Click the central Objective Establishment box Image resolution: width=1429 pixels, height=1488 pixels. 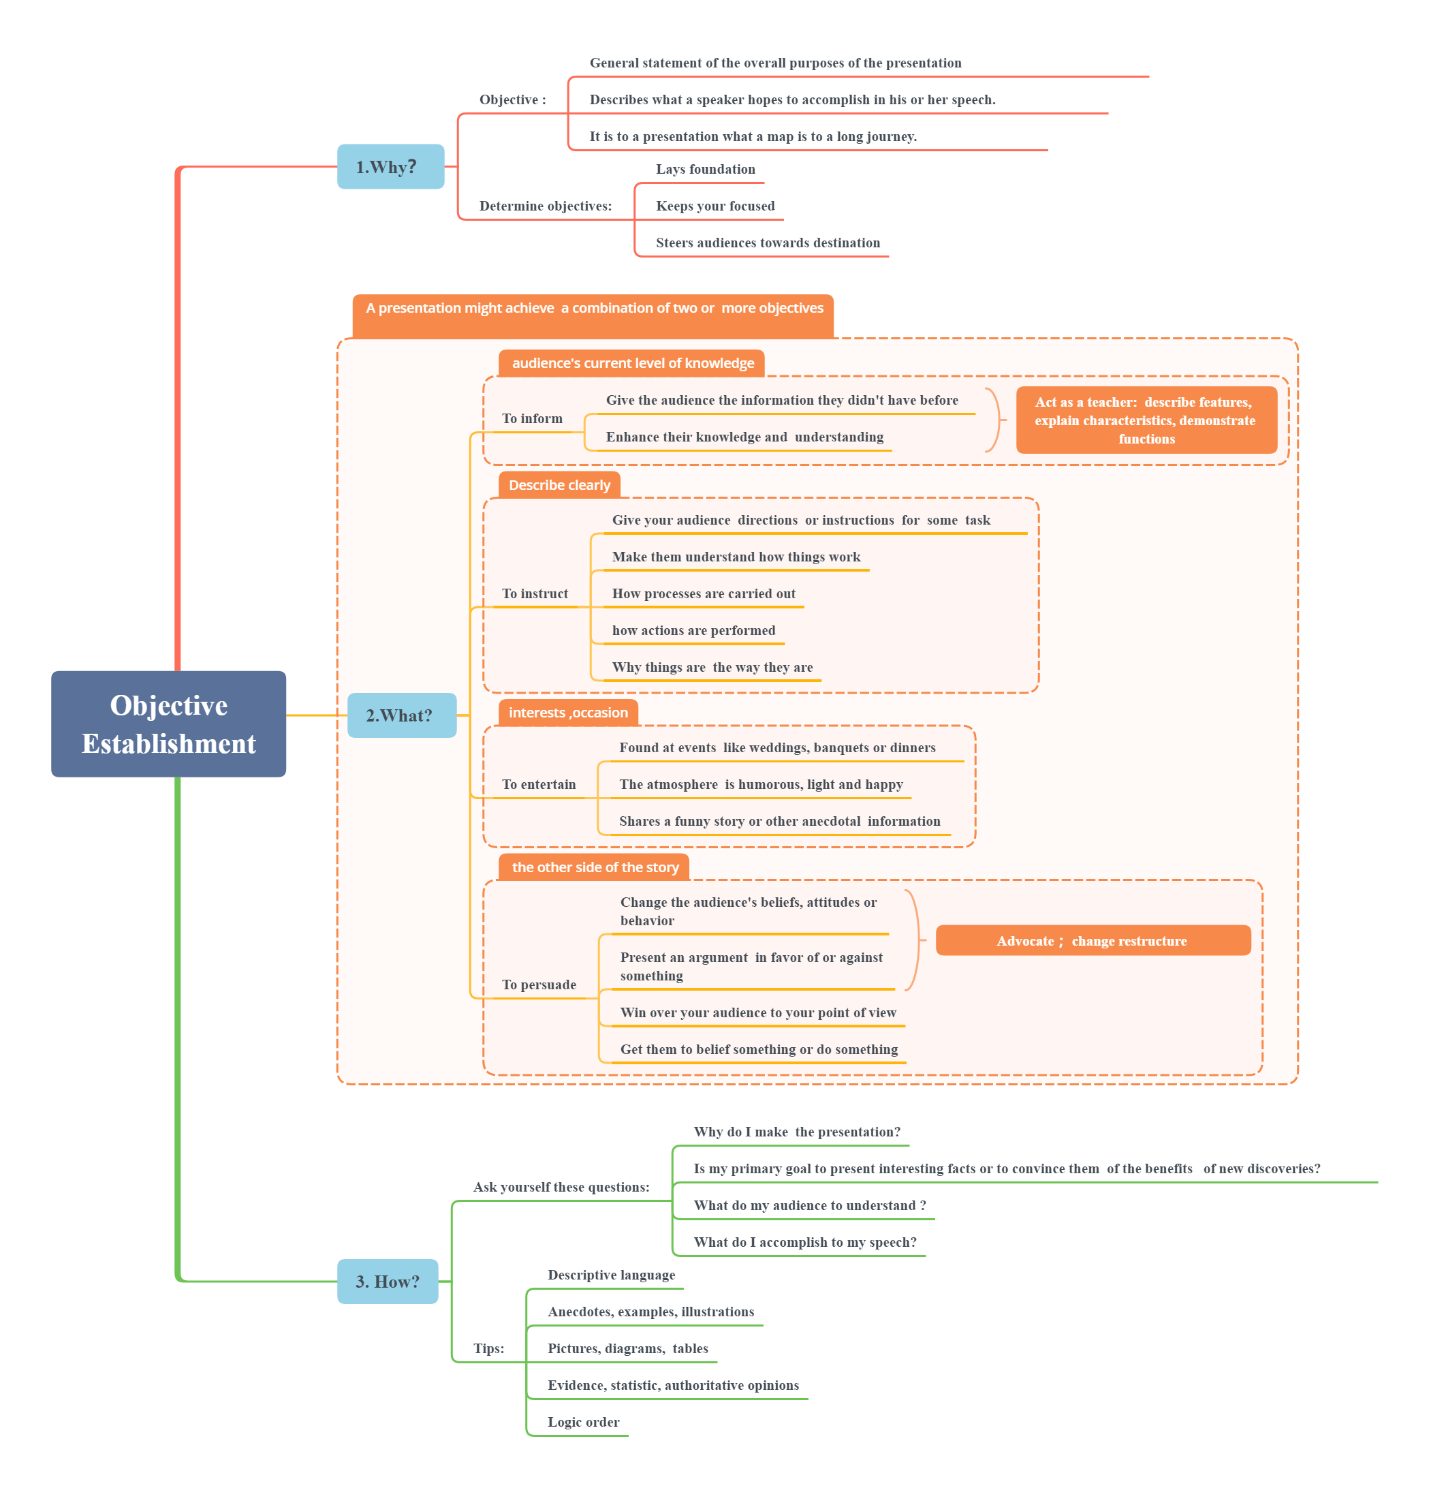pyautogui.click(x=168, y=724)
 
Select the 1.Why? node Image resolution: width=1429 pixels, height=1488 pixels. pyautogui.click(x=390, y=166)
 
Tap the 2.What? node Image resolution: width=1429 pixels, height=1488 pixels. pyautogui.click(x=401, y=715)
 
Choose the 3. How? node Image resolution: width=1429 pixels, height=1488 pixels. pyautogui.click(x=387, y=1282)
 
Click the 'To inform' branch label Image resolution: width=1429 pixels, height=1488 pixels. pyautogui.click(x=532, y=419)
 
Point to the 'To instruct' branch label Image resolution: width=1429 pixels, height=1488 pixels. pyautogui.click(x=534, y=593)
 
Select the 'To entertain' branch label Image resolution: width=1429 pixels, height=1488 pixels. pyautogui.click(x=538, y=784)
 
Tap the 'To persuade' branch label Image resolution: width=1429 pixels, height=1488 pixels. pyautogui.click(x=538, y=985)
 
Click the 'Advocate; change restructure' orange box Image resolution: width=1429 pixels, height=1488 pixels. pyautogui.click(x=1092, y=941)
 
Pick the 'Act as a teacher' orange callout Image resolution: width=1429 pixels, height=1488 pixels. pyautogui.click(x=1145, y=420)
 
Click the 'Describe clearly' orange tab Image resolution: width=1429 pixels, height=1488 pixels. pyautogui.click(x=559, y=485)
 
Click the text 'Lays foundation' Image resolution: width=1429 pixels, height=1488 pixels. pyautogui.click(x=705, y=169)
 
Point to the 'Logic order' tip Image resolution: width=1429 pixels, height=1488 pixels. pyautogui.click(x=583, y=1422)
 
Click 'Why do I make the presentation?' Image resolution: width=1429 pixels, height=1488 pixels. pyautogui.click(x=796, y=1132)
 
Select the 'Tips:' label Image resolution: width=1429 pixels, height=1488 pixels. pyautogui.click(x=488, y=1348)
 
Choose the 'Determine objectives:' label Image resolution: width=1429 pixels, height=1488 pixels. pyautogui.click(x=545, y=206)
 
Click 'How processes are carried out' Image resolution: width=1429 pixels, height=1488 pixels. pyautogui.click(x=704, y=593)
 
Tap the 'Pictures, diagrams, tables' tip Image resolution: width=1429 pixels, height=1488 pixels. pyautogui.click(x=627, y=1348)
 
